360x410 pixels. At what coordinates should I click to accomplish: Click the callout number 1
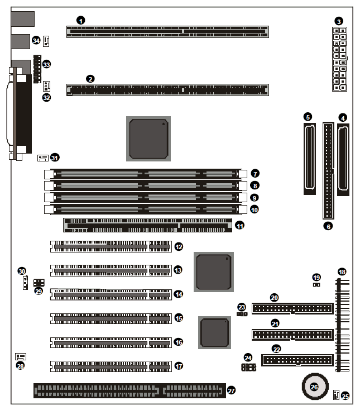pyautogui.click(x=81, y=21)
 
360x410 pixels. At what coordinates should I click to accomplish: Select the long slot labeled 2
pyautogui.click(x=167, y=90)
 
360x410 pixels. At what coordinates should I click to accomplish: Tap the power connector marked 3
pyautogui.click(x=339, y=59)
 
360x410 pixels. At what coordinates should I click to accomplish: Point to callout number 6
pyautogui.click(x=328, y=226)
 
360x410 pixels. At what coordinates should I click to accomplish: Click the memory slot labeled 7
pyautogui.click(x=146, y=174)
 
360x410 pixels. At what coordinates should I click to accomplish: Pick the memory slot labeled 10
pyautogui.click(x=146, y=209)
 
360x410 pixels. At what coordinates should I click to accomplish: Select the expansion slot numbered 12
pyautogui.click(x=111, y=246)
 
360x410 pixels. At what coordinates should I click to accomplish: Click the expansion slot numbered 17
pyautogui.click(x=111, y=366)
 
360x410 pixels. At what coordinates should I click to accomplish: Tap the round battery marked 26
pyautogui.click(x=315, y=387)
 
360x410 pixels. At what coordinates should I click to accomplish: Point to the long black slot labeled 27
pyautogui.click(x=129, y=390)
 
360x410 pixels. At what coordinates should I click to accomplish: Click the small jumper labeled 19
pyautogui.click(x=316, y=284)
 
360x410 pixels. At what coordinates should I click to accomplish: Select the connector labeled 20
pyautogui.click(x=292, y=308)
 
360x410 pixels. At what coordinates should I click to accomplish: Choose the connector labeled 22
pyautogui.click(x=297, y=360)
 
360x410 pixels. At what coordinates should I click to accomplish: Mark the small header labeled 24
pyautogui.click(x=248, y=368)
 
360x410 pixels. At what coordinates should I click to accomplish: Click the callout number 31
pyautogui.click(x=55, y=158)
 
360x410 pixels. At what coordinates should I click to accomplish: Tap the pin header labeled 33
pyautogui.click(x=37, y=69)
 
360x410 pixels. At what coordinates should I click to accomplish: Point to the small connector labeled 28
pyautogui.click(x=21, y=357)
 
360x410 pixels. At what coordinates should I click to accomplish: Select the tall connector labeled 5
pyautogui.click(x=310, y=159)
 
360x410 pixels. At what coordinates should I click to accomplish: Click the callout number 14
pyautogui.click(x=179, y=294)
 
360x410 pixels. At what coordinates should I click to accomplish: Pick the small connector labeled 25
pyautogui.click(x=336, y=394)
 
